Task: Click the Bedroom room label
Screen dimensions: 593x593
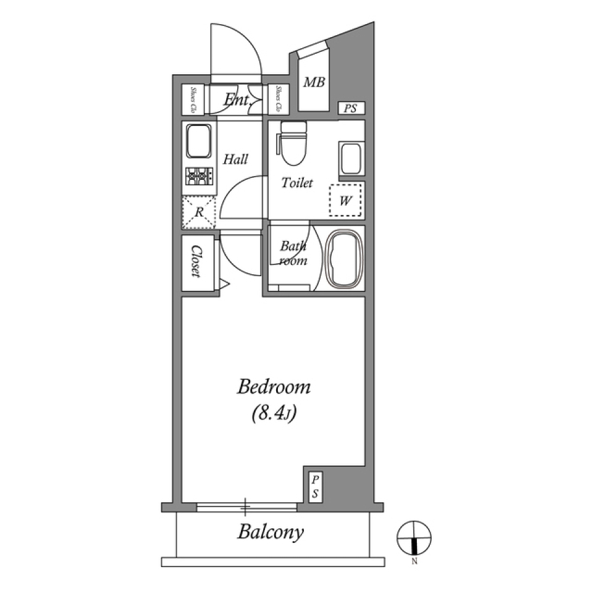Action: [x=274, y=388]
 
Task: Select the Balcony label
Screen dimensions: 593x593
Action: [x=271, y=532]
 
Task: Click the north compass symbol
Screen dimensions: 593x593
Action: [x=414, y=538]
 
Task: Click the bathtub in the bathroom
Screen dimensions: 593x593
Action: [x=343, y=259]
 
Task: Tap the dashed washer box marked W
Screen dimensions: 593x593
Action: [x=346, y=200]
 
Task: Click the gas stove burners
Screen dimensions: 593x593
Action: [x=199, y=177]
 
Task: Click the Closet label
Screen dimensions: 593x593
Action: [x=197, y=262]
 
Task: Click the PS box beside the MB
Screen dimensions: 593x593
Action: [x=351, y=109]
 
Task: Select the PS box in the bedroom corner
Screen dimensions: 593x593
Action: [x=314, y=486]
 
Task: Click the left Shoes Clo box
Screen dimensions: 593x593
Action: [x=193, y=99]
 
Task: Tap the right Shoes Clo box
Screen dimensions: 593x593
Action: [x=279, y=99]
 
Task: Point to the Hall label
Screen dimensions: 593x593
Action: [x=235, y=159]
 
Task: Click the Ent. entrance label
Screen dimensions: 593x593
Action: [x=236, y=99]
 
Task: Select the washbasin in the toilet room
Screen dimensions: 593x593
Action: [x=350, y=159]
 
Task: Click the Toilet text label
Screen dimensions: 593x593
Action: [x=297, y=183]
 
